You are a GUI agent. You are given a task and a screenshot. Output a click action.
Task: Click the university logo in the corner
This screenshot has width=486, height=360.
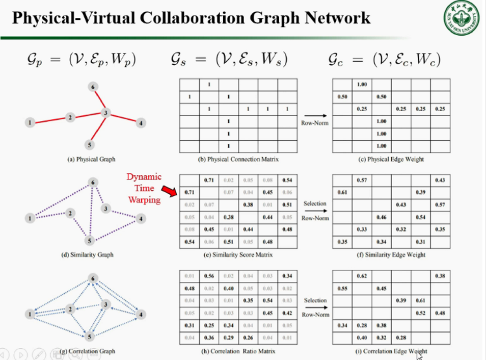point(462,18)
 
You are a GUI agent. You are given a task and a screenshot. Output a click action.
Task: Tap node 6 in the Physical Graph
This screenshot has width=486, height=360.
point(92,87)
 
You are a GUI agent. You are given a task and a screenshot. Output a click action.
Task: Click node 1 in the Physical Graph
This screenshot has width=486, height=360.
point(30,122)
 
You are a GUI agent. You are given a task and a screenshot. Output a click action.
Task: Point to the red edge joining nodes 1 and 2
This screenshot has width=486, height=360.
point(50,120)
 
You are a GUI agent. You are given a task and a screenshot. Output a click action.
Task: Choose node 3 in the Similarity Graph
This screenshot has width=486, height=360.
point(105,208)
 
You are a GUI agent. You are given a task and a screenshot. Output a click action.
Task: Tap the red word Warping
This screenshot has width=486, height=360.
point(144,199)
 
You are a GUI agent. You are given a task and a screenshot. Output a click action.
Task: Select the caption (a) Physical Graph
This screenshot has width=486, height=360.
point(92,159)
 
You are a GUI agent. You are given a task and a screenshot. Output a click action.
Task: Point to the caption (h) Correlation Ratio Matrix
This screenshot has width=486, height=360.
point(238,351)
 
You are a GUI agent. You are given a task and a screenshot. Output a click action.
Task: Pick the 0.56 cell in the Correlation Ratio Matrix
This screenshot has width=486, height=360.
point(209,276)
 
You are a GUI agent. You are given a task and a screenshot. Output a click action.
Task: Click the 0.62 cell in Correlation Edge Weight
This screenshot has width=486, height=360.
point(362,276)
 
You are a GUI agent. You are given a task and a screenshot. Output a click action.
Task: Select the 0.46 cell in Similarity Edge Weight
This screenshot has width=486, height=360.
point(381,217)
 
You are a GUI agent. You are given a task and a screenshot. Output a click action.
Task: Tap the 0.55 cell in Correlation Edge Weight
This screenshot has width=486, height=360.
point(342,288)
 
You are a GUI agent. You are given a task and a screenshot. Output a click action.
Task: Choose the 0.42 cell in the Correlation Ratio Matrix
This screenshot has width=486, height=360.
point(287,313)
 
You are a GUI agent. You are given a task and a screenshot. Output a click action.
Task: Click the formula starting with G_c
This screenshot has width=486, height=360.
point(384,60)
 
